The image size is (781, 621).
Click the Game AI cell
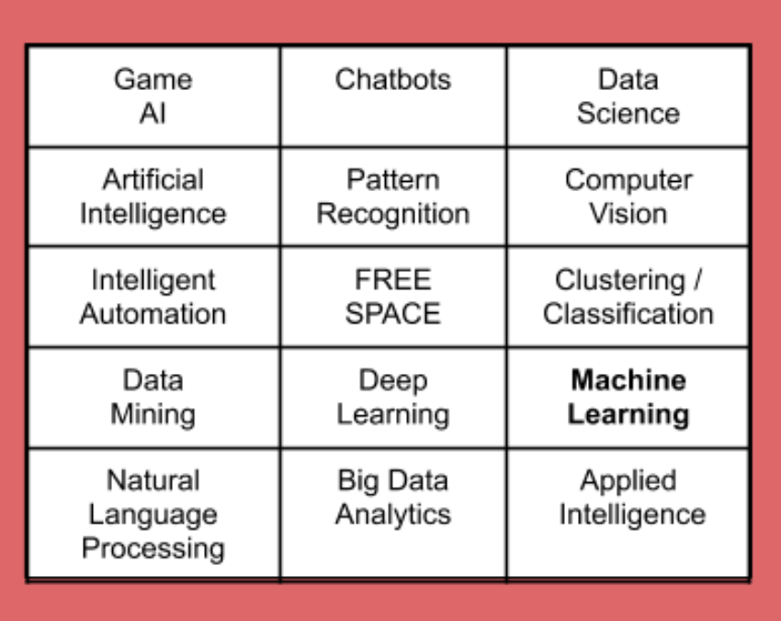click(x=153, y=96)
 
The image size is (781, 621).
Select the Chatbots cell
click(x=393, y=96)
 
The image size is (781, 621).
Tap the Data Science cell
click(x=628, y=96)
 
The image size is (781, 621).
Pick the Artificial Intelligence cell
click(x=153, y=197)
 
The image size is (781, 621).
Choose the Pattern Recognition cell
click(x=393, y=197)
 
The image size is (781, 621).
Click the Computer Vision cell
click(x=628, y=197)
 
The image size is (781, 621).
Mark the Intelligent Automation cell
click(x=153, y=297)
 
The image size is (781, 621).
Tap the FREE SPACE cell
click(x=393, y=297)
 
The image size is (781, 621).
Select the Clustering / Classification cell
click(x=628, y=297)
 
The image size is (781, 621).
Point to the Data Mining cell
click(x=153, y=398)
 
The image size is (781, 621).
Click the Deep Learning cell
click(x=393, y=398)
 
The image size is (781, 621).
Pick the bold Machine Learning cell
click(x=628, y=398)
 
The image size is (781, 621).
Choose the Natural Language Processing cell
click(x=153, y=514)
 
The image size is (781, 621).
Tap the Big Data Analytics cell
click(x=393, y=514)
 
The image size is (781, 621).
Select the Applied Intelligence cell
click(x=628, y=514)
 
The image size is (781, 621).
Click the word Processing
click(x=153, y=548)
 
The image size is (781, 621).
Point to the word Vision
click(x=628, y=214)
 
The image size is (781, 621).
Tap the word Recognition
click(x=393, y=214)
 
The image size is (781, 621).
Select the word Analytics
click(x=393, y=514)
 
